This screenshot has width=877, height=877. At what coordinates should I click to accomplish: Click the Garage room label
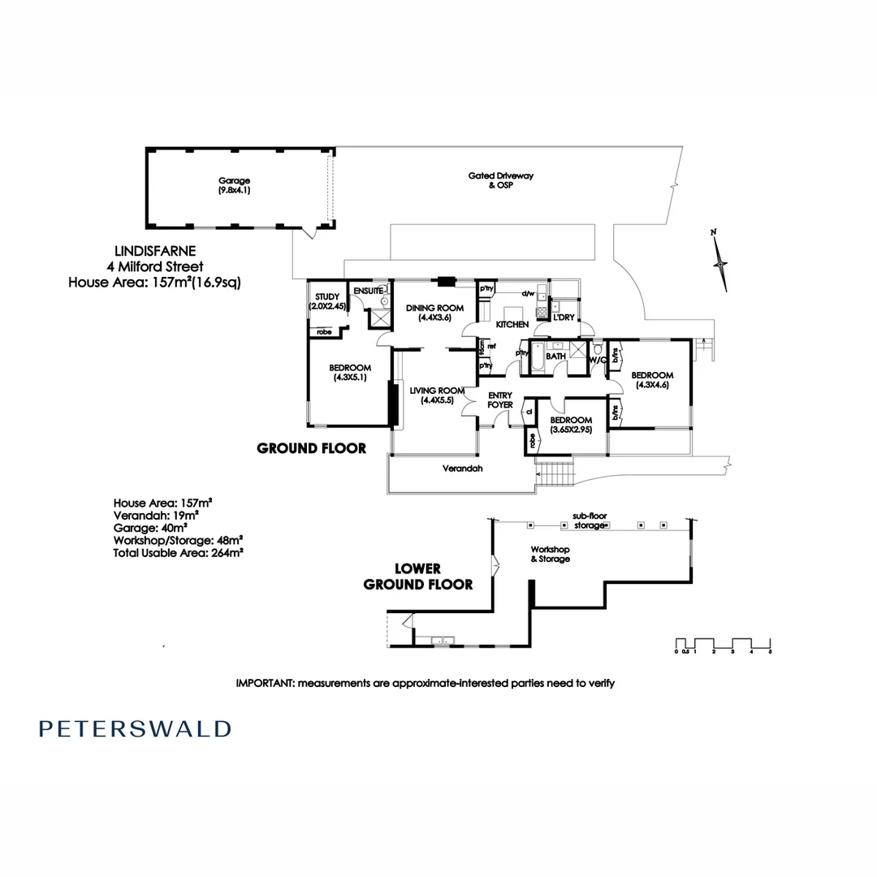[233, 185]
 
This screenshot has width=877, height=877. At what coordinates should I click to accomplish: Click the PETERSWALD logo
[135, 728]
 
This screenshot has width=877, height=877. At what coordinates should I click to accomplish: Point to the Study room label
[325, 301]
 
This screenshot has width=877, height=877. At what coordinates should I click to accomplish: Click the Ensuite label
[369, 290]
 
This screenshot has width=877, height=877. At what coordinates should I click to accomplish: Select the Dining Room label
[434, 313]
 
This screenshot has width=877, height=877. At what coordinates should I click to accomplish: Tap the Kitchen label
[512, 324]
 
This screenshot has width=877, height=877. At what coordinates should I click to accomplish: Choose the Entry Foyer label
[499, 400]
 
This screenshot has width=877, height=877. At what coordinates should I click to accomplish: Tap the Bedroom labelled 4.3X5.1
[352, 372]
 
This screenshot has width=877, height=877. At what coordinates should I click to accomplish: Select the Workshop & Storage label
[550, 554]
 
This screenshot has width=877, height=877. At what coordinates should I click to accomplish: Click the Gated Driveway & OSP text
[501, 180]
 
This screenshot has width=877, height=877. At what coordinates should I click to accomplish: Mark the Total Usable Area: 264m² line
[179, 551]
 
